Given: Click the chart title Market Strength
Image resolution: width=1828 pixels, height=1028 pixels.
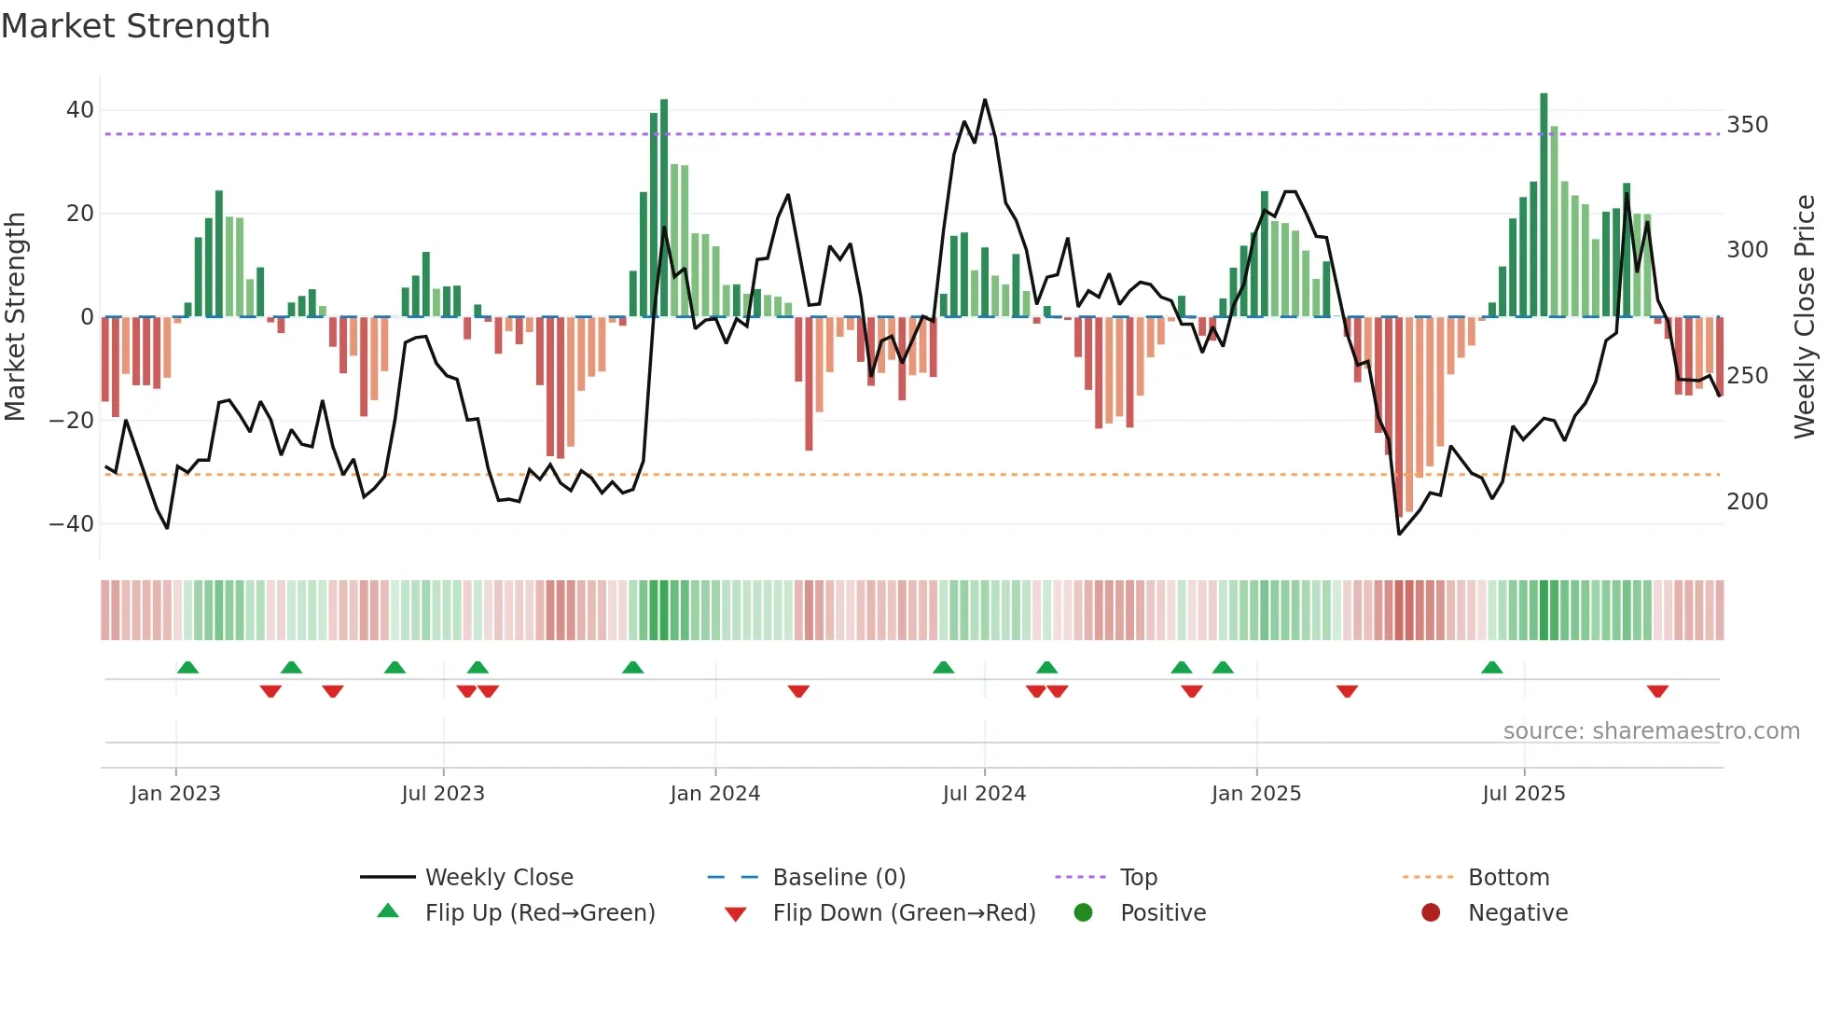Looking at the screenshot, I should (135, 26).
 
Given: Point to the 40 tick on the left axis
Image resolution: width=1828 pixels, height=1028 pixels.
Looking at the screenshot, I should (80, 110).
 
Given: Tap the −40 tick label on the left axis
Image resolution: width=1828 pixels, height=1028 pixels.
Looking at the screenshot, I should (72, 524).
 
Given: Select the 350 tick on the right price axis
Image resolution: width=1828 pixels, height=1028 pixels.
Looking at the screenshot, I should (1747, 125).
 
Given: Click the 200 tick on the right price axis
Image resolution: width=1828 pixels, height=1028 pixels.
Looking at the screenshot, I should (1747, 502).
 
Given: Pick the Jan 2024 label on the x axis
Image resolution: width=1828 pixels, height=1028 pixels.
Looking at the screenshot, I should (714, 794).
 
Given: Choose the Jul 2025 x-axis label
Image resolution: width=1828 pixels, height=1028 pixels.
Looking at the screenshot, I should (1523, 794).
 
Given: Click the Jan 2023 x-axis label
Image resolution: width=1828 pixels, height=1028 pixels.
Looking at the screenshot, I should (175, 794).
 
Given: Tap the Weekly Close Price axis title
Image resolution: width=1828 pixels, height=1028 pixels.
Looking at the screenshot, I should (1805, 317).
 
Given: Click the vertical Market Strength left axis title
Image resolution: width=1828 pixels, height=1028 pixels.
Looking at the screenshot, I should (16, 317).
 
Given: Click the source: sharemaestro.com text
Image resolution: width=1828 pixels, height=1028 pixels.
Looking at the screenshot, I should (1651, 731).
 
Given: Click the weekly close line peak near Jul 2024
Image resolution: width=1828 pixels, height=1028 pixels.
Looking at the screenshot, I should (985, 101).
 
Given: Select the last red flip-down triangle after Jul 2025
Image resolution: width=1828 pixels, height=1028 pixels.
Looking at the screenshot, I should (1657, 691).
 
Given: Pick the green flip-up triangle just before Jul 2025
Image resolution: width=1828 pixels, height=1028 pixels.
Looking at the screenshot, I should (1491, 668).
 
